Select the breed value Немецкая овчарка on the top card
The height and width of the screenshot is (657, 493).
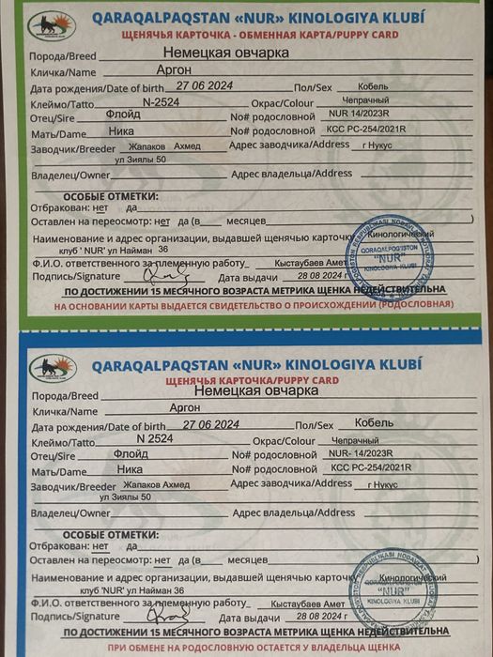[225, 53]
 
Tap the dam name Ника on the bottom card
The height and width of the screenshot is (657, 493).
[130, 471]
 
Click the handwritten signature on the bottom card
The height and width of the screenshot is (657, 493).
[172, 619]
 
